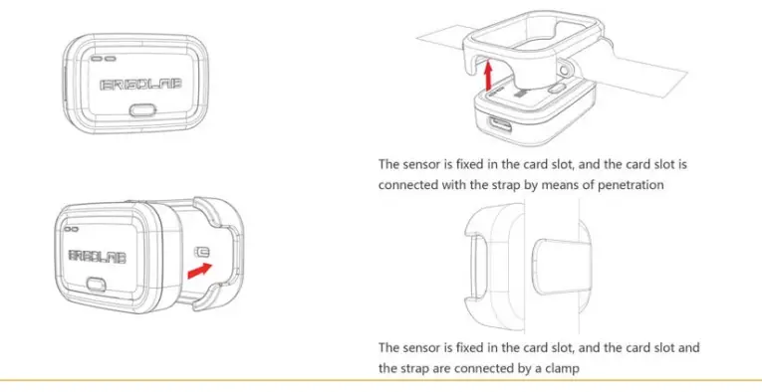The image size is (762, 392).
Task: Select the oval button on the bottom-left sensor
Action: (x=99, y=284)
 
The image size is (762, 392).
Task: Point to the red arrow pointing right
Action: (x=199, y=268)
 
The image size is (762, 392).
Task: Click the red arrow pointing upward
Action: (x=486, y=75)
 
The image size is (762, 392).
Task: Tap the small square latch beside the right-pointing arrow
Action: (x=203, y=251)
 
